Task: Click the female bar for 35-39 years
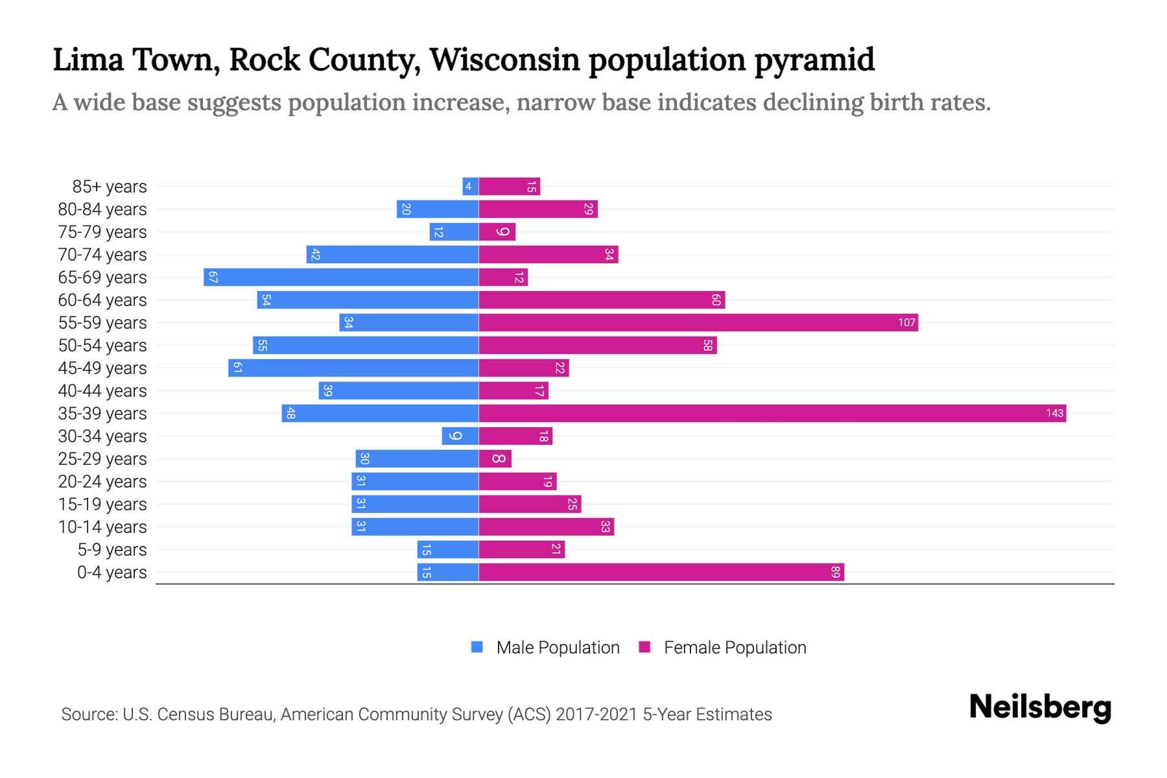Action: [x=772, y=414]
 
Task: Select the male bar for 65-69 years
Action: [x=341, y=277]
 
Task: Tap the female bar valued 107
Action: [x=698, y=323]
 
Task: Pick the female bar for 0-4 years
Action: [x=661, y=572]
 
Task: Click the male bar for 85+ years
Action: [x=470, y=187]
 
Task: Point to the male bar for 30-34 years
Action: [x=460, y=436]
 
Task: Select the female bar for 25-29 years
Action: [x=495, y=459]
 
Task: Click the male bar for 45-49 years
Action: [x=353, y=368]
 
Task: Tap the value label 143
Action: [x=1054, y=414]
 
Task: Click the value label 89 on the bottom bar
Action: [x=835, y=572]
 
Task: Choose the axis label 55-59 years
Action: [x=102, y=323]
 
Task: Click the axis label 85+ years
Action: [x=110, y=187]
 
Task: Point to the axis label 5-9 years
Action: [x=112, y=550]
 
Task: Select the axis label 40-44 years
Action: [x=102, y=391]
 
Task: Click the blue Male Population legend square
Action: [x=477, y=647]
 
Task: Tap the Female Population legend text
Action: [x=735, y=648]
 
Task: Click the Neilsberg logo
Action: [x=1040, y=707]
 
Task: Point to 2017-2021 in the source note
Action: [x=596, y=714]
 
